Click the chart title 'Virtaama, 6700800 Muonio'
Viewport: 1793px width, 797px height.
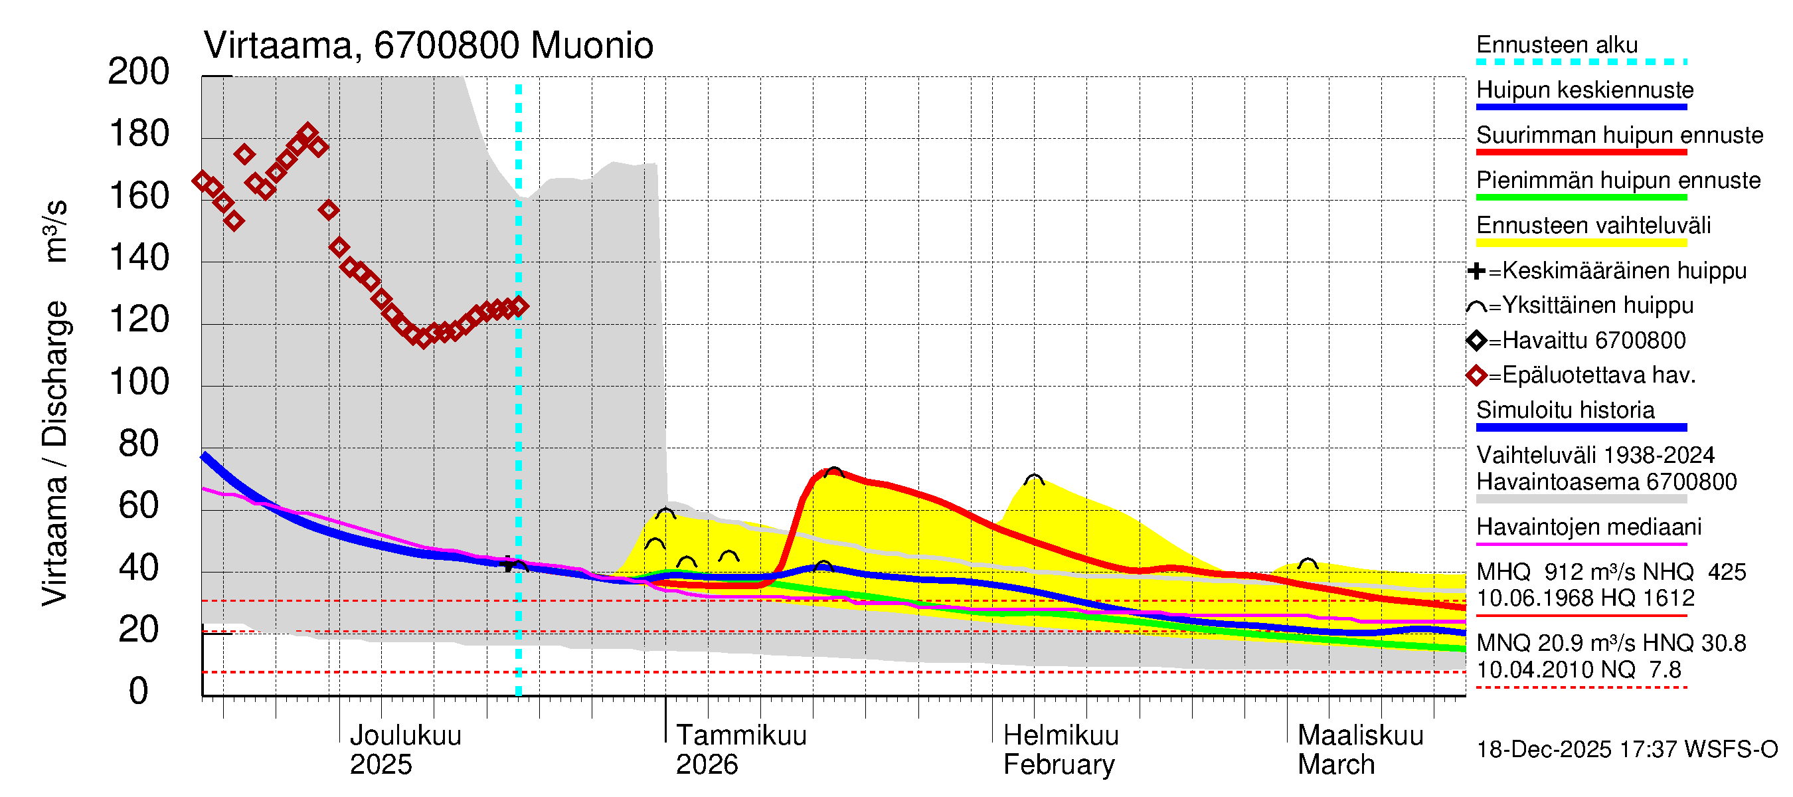(428, 46)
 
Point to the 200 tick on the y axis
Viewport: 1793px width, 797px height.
(139, 72)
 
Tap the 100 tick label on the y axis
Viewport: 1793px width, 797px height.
(139, 382)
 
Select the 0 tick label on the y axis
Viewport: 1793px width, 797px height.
(139, 691)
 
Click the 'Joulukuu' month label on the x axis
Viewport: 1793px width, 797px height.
(405, 735)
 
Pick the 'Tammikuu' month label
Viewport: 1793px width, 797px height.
(740, 735)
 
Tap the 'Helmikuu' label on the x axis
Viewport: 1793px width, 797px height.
(1060, 735)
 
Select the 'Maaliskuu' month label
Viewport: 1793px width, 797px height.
(1360, 735)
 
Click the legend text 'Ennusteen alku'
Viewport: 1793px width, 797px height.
(1557, 45)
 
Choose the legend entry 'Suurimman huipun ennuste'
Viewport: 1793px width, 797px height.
(1619, 135)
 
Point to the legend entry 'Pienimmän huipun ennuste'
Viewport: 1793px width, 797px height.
(1618, 180)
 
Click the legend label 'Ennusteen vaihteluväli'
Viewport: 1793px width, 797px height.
(1593, 226)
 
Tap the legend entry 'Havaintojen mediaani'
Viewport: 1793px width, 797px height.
(1588, 527)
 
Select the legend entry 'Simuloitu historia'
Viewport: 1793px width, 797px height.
(1565, 410)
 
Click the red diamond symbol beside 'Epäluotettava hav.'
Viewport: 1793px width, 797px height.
(1476, 376)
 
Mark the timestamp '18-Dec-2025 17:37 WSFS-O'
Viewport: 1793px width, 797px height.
(1626, 750)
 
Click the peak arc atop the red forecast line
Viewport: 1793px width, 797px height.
(833, 472)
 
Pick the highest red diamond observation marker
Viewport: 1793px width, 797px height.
(307, 132)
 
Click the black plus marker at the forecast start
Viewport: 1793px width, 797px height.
(508, 564)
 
